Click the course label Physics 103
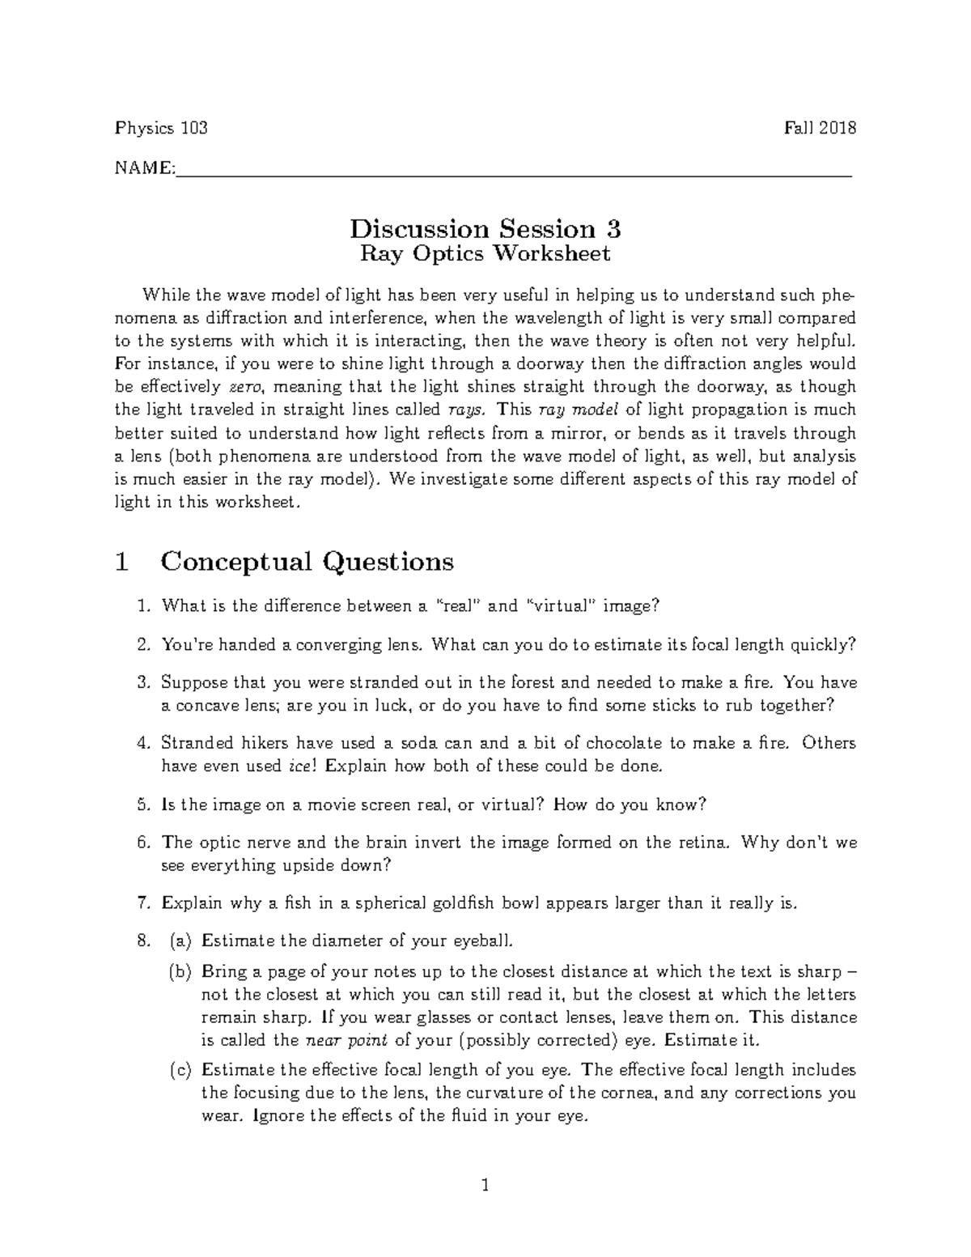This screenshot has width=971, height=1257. [x=161, y=128]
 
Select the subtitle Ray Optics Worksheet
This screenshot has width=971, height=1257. [x=485, y=254]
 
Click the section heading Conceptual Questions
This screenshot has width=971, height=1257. [x=307, y=561]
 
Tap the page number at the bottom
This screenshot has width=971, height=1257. [x=485, y=1187]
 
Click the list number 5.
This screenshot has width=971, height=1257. [x=143, y=805]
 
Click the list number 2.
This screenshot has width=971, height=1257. [x=143, y=645]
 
